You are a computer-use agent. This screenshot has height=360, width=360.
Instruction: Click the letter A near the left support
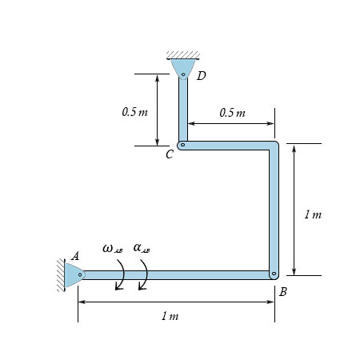point(74,256)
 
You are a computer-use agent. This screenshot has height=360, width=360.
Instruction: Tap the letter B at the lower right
point(282,292)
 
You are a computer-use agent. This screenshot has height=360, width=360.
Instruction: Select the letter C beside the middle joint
point(169,154)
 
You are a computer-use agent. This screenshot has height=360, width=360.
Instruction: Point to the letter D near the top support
point(201,76)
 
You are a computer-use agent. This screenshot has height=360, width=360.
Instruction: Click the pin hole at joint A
point(81,274)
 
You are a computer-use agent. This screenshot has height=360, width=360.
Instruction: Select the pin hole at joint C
point(182,146)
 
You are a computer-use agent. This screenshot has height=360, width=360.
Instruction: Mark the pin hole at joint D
point(183,76)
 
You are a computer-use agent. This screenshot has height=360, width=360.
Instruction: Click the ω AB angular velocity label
point(112,249)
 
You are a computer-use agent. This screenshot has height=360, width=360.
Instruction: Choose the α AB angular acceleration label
point(142,249)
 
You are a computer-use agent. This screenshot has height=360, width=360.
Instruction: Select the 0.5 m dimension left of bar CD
point(135,112)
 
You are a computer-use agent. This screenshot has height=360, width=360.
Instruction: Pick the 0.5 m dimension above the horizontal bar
point(232,113)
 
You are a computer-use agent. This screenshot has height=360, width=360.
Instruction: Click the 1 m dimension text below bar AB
point(170,316)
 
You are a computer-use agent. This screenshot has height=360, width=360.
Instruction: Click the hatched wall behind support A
point(62,274)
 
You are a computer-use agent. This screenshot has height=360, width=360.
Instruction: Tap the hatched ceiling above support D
point(183,55)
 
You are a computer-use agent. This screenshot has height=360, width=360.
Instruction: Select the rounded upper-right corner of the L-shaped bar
point(274,146)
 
